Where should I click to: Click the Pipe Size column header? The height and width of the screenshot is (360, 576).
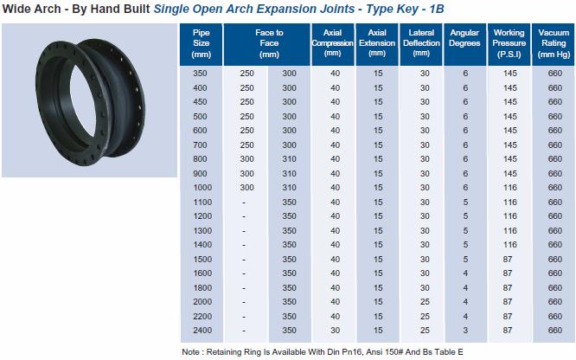(201, 43)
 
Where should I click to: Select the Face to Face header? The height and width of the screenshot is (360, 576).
(269, 43)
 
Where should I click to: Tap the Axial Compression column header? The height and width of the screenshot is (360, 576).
(332, 42)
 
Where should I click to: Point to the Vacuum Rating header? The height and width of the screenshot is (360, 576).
(554, 43)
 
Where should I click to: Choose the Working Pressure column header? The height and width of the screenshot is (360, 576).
(509, 43)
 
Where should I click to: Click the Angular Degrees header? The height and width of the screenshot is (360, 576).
(464, 38)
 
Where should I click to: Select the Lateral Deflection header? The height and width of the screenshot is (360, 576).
(421, 42)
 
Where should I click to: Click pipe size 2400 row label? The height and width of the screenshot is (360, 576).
(202, 331)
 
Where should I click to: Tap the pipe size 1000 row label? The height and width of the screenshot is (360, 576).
(202, 188)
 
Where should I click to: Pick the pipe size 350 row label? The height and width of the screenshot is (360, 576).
(200, 74)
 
